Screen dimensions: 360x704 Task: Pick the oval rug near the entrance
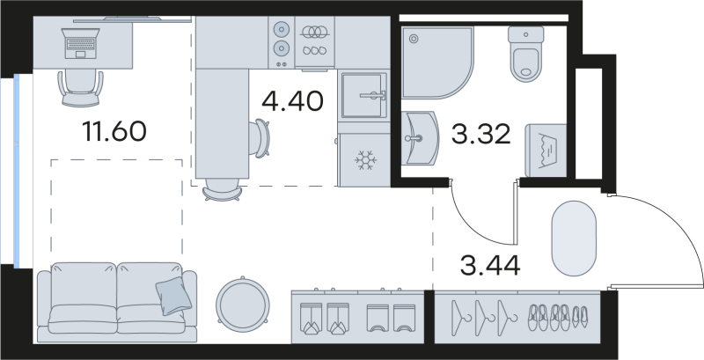tap(576, 238)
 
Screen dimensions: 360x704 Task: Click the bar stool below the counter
tap(222, 188)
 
